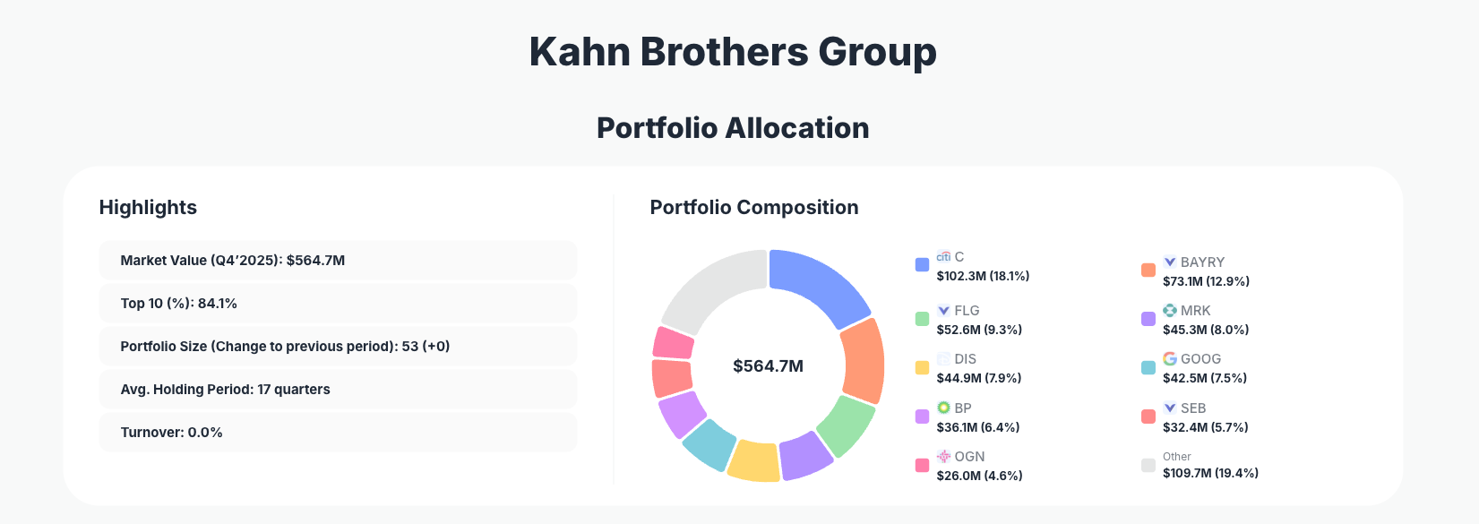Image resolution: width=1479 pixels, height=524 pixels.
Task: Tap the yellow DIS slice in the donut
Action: tap(753, 460)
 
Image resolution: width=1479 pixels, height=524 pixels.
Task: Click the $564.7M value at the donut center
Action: tap(768, 365)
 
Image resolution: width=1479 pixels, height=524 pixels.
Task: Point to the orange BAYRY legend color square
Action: tap(1148, 271)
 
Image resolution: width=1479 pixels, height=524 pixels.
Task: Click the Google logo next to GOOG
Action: tap(1170, 358)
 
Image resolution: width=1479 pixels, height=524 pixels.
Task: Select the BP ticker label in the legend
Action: tap(963, 408)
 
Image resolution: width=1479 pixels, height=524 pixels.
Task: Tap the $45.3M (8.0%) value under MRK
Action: tap(1206, 330)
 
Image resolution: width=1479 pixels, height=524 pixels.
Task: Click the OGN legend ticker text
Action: tap(969, 456)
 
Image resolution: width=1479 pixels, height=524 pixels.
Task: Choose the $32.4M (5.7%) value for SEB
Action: tap(1205, 427)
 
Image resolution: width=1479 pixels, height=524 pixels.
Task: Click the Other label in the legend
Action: tap(1176, 457)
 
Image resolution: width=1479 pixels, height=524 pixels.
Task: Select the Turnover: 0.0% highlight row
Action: tap(337, 433)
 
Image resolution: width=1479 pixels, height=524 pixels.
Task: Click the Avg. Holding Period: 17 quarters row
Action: tap(337, 390)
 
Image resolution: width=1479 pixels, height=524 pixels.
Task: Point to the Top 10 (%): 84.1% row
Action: tap(337, 304)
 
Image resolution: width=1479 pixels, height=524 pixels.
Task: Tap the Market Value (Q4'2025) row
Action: tap(337, 261)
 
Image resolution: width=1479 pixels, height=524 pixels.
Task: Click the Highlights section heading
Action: tap(148, 207)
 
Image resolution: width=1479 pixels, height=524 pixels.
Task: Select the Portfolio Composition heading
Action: tap(753, 207)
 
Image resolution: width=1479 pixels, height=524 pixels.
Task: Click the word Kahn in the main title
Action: tap(580, 51)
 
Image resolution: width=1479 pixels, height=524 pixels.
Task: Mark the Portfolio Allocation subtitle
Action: tap(733, 128)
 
